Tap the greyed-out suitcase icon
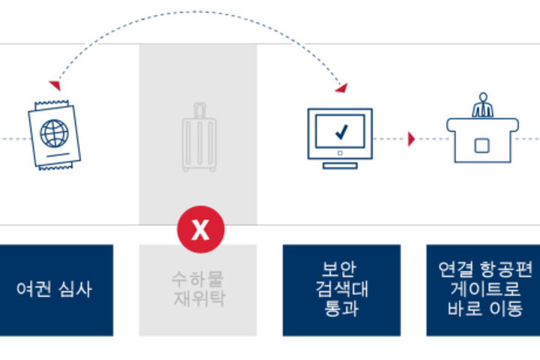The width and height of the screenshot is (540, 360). tap(198, 139)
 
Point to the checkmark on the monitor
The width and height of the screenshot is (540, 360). tap(341, 133)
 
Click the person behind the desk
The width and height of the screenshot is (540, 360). tap(482, 106)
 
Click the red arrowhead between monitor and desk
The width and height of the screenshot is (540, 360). tap(411, 139)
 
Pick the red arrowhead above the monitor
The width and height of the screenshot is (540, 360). tap(341, 88)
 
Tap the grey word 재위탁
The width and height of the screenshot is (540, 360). tap(198, 299)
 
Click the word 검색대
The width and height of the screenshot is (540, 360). tap(341, 289)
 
